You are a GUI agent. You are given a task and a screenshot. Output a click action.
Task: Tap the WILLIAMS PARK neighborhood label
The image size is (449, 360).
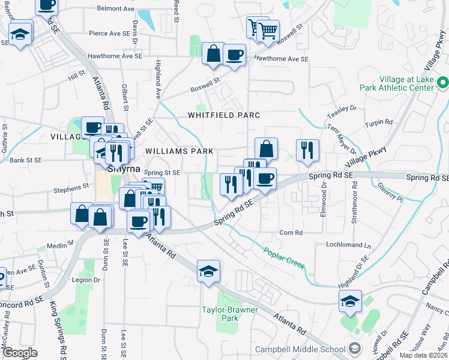click(x=178, y=152)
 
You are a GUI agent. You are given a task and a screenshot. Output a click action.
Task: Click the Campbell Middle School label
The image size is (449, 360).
click(x=300, y=349)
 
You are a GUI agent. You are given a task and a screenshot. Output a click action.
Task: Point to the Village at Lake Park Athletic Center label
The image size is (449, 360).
click(x=405, y=83)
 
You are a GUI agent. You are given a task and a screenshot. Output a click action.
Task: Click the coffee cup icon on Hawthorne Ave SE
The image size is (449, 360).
click(x=234, y=55)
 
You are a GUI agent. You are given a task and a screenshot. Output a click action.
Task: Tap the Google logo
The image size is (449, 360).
click(x=20, y=353)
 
